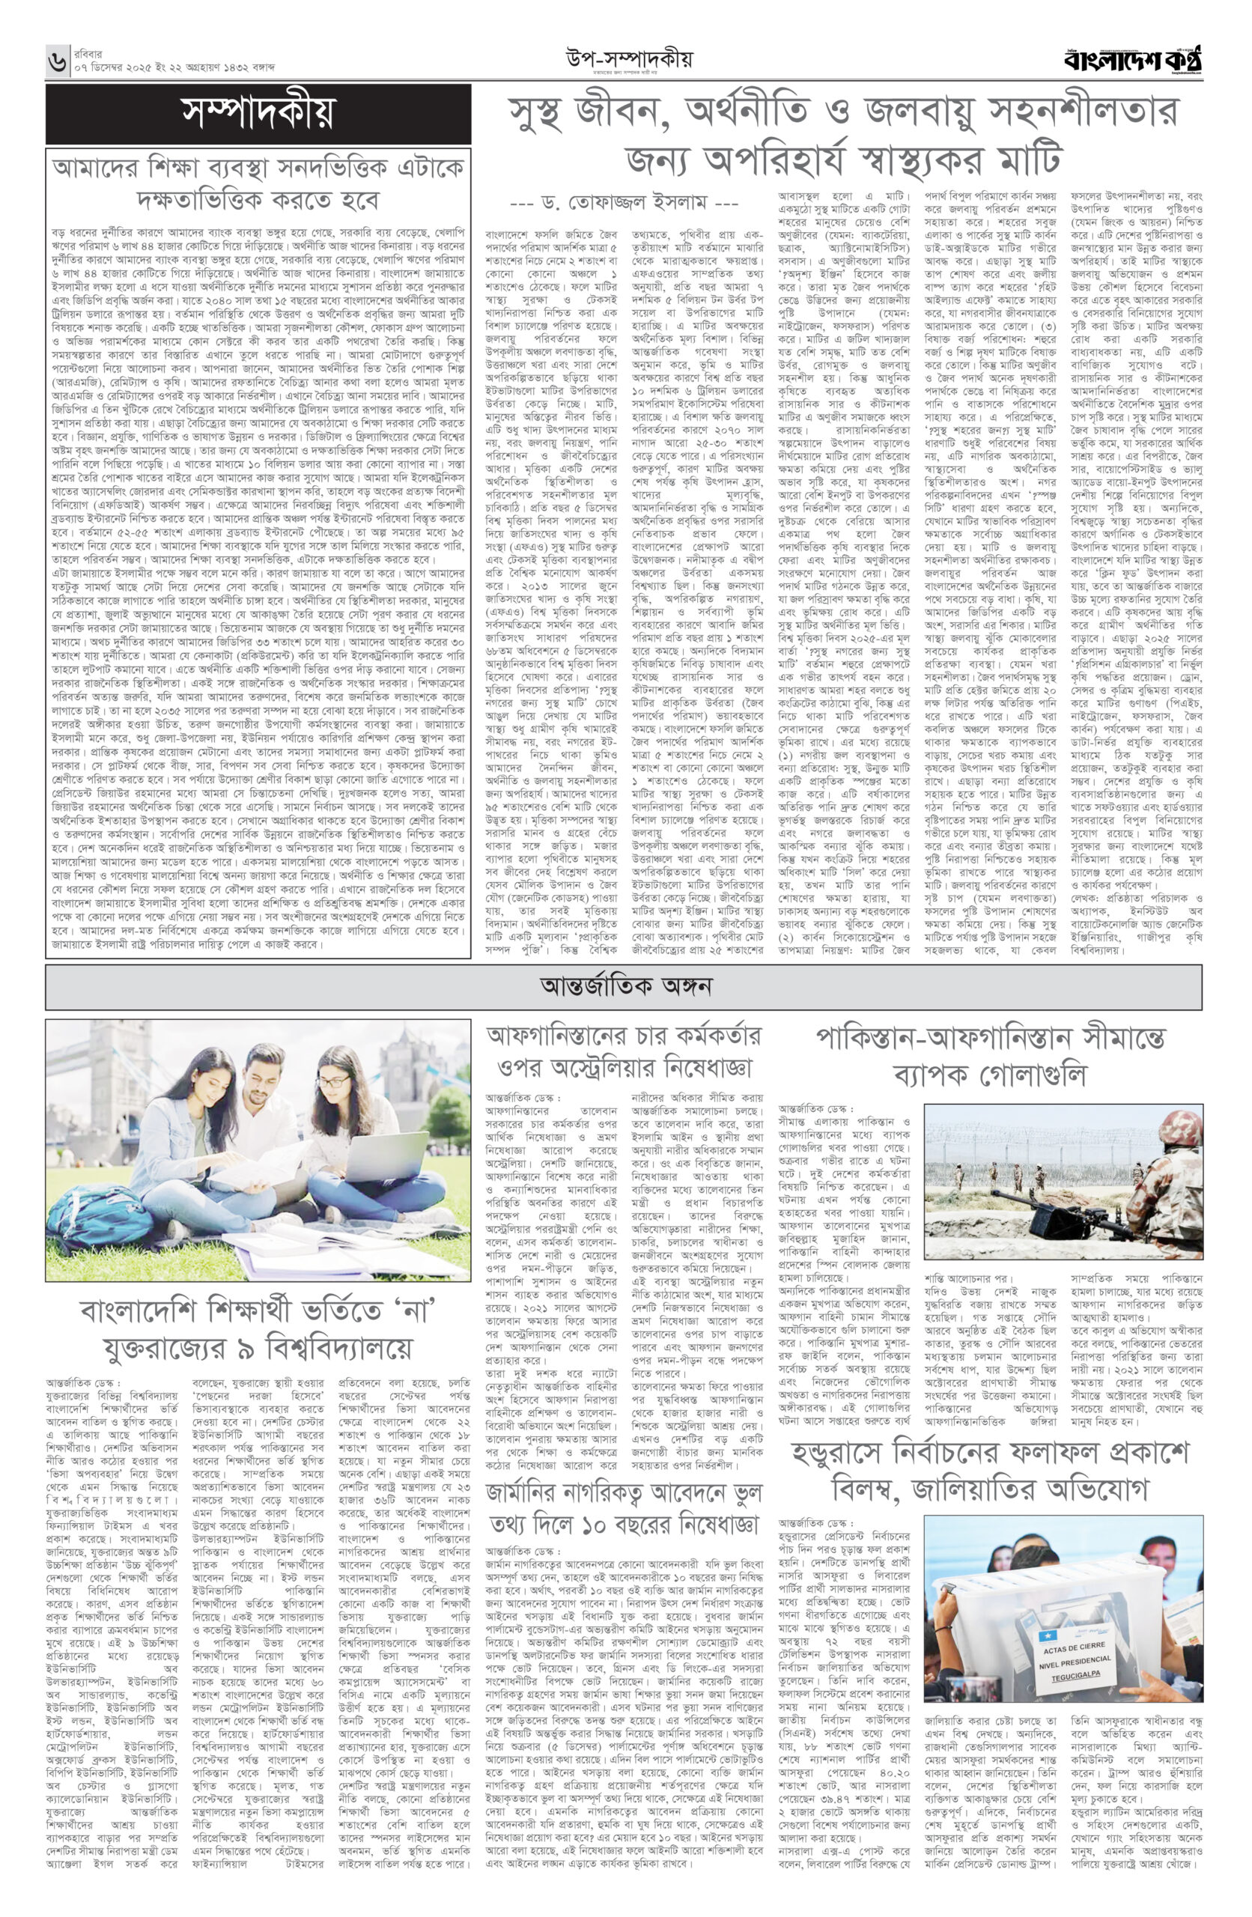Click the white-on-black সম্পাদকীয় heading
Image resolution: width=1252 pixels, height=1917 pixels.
tap(257, 114)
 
